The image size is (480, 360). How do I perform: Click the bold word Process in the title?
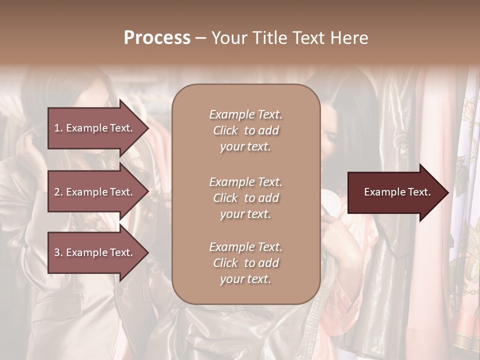157,38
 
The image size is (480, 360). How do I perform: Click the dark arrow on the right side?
395,192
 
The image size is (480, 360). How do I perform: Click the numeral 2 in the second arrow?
57,192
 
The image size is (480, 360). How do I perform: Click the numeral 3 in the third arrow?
57,252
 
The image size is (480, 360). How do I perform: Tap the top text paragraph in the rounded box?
245,130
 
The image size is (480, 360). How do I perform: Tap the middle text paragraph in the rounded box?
245,198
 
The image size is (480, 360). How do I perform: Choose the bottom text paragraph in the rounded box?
245,263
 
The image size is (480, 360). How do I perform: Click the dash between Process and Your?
200,38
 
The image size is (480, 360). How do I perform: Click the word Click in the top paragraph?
225,130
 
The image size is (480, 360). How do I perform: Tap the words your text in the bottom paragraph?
245,279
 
